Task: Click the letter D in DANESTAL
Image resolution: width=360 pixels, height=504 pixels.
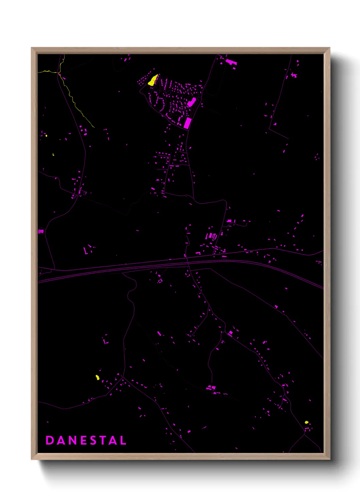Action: pos(49,440)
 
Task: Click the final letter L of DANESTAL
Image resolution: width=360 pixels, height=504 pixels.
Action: pos(123,440)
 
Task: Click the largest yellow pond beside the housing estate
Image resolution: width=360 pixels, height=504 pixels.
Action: pos(153,80)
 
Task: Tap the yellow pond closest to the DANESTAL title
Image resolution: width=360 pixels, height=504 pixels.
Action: pos(97,377)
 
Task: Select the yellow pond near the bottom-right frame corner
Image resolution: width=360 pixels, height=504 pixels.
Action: pos(306,422)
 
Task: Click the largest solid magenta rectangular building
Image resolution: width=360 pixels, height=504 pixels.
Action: pos(187,123)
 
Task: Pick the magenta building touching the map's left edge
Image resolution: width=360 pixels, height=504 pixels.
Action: pos(40,231)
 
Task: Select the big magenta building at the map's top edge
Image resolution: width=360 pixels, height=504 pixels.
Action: pos(231,62)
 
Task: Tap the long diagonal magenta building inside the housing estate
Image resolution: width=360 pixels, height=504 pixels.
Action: pos(192,102)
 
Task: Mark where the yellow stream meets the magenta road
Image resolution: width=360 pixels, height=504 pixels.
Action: pos(59,73)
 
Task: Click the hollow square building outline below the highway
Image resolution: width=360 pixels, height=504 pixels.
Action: pos(160,281)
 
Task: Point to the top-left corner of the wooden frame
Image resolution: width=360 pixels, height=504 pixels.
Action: pos(32,48)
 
